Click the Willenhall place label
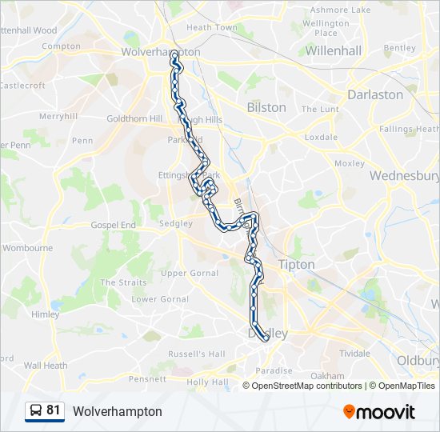point(334,50)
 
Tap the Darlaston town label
point(374,94)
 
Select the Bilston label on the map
point(266,107)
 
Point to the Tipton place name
point(296,264)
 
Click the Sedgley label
point(176,223)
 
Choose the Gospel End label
point(114,226)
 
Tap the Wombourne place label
point(27,248)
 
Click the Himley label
point(46,315)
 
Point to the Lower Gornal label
point(160,299)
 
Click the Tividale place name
point(354,353)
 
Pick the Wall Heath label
point(46,366)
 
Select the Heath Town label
point(212,27)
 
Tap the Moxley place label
point(349,163)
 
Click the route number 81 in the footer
point(54,410)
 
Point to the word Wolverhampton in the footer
point(117,411)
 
